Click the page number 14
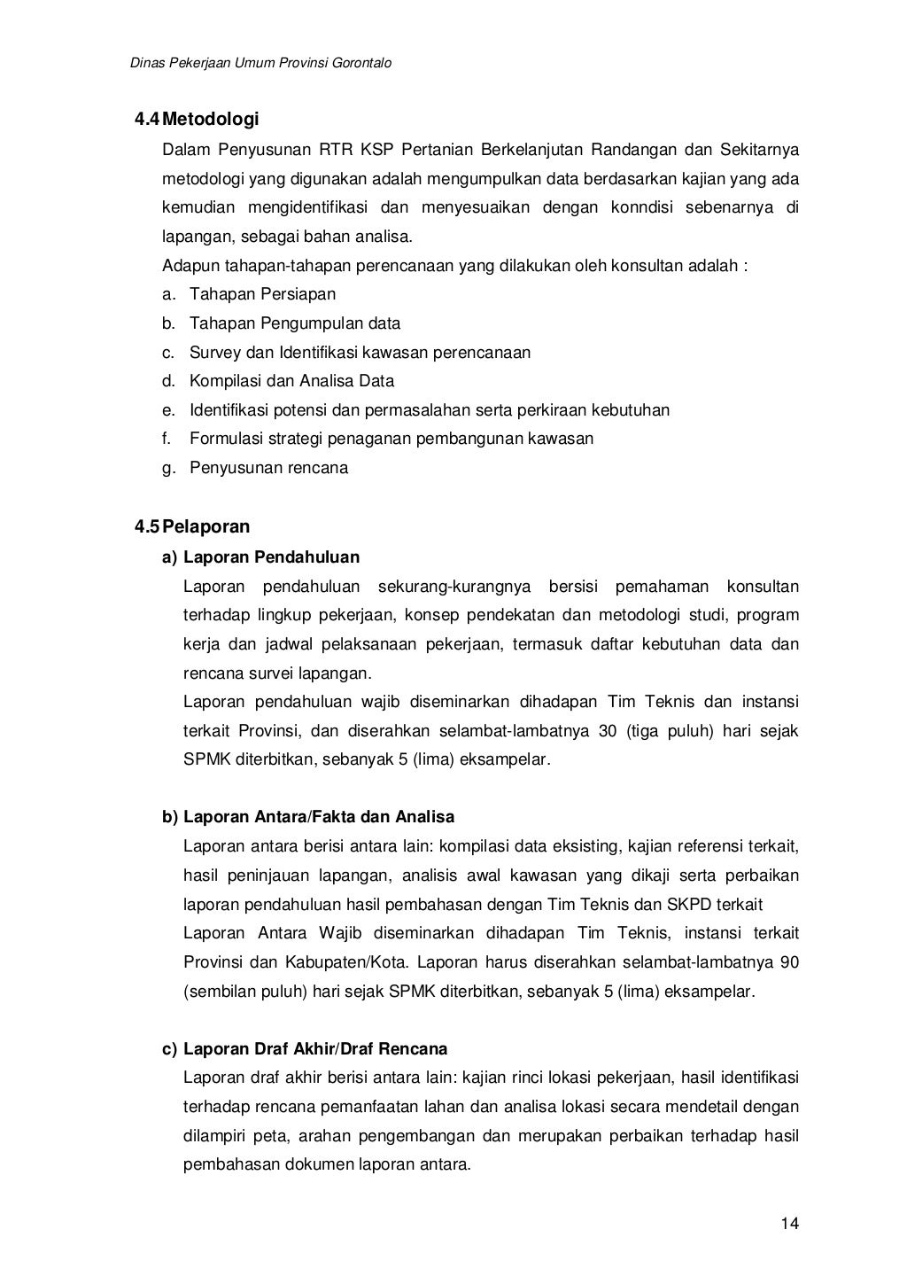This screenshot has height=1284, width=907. (790, 1225)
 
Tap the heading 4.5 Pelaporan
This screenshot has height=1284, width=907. (192, 527)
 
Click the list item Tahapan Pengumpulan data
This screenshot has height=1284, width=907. (295, 323)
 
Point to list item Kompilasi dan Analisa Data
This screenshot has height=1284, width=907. (291, 381)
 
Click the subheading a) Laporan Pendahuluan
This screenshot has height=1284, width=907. (260, 557)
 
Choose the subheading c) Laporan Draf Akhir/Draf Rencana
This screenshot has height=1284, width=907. (305, 1049)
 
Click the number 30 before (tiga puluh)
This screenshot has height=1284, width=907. (605, 731)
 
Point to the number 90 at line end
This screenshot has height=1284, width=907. (789, 962)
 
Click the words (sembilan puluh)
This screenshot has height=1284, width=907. (244, 992)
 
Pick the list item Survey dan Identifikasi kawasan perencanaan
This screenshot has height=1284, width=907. (360, 353)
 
